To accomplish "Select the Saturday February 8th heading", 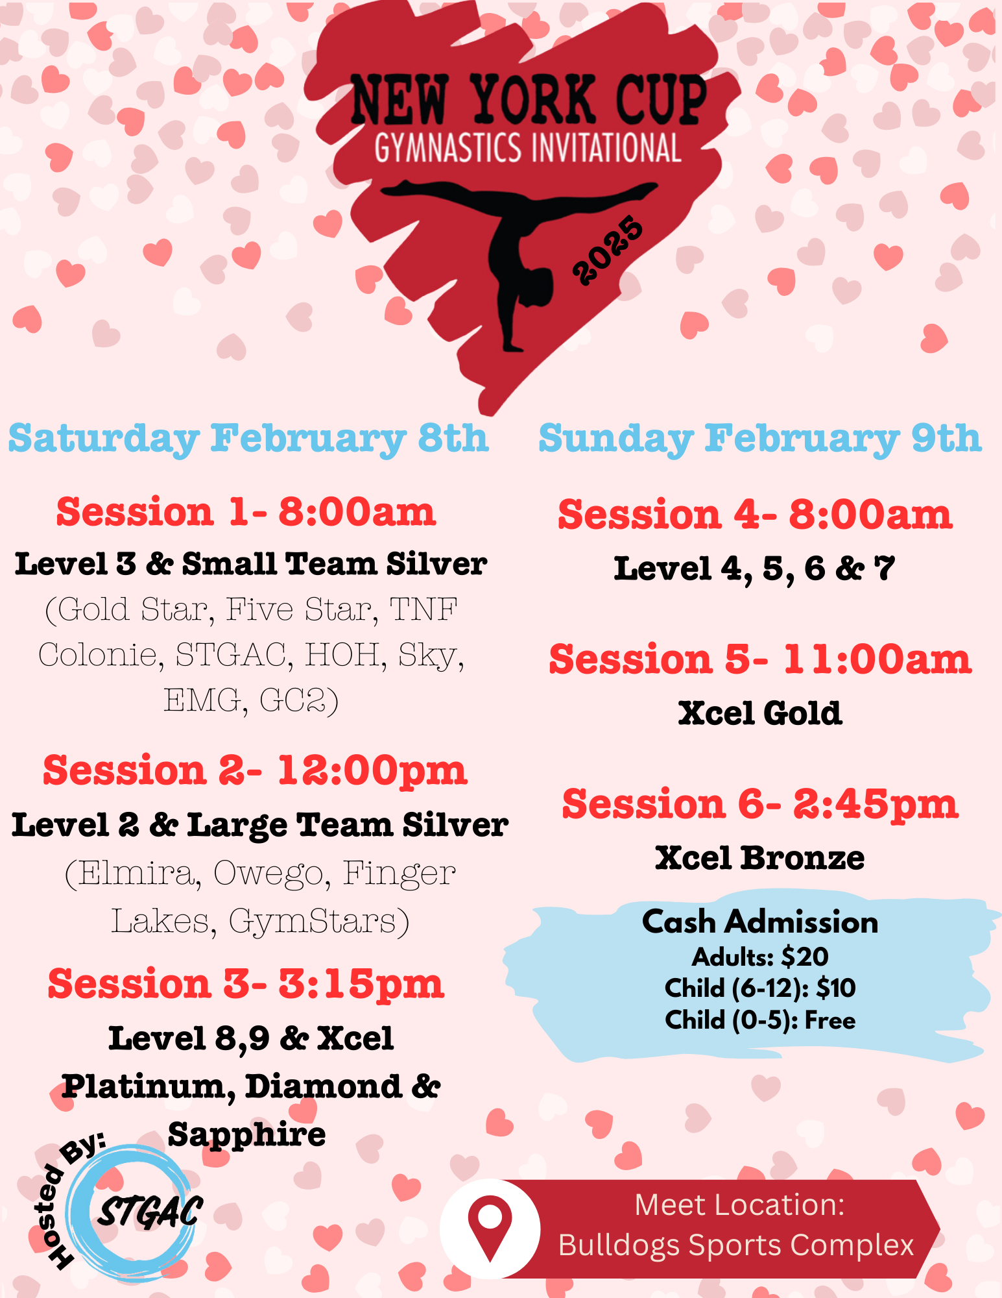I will click(248, 438).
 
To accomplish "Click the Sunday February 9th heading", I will click(759, 438).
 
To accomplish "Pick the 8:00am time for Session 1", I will click(357, 512).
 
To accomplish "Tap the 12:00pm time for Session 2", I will click(372, 770).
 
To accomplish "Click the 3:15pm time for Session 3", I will click(361, 984).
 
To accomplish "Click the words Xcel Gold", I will click(759, 713).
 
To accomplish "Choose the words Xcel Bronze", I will click(759, 858).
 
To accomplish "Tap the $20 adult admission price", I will click(805, 957).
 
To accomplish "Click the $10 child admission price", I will click(836, 988).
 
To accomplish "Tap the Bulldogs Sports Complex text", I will click(735, 1245).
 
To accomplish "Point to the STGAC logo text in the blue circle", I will click(150, 1211).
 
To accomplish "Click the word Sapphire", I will click(246, 1134).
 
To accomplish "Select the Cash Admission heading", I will click(759, 922).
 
